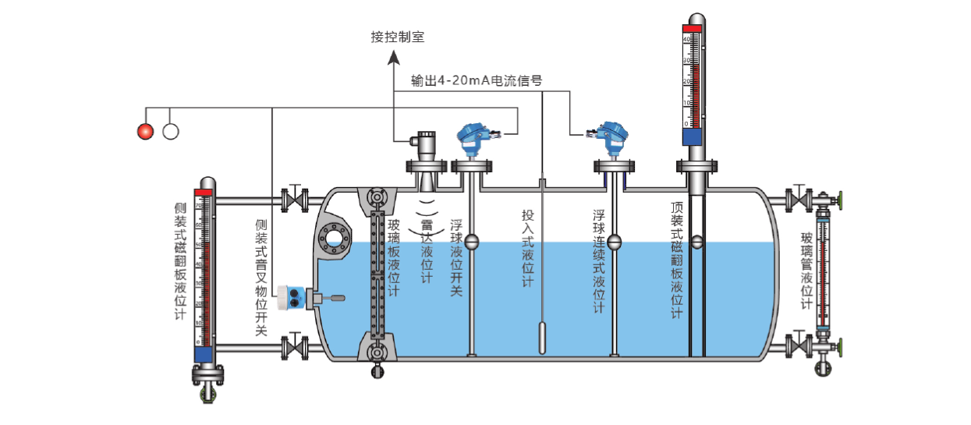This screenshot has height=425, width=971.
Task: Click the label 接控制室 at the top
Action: (x=398, y=37)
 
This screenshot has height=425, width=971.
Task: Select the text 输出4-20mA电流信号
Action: (x=477, y=80)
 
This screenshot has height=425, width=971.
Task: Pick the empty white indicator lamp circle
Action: (x=171, y=131)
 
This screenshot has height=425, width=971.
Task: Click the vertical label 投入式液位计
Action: (x=529, y=247)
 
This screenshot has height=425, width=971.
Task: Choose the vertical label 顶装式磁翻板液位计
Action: (x=676, y=260)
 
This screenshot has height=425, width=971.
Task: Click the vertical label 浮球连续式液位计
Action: (x=599, y=260)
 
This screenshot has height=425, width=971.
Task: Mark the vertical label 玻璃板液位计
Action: (x=394, y=257)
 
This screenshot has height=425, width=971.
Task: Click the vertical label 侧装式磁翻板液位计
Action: (x=180, y=261)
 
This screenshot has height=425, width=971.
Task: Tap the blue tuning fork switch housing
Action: (x=296, y=297)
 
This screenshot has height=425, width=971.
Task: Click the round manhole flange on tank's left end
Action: (x=335, y=238)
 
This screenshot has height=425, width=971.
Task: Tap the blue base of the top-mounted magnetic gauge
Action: (x=693, y=136)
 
